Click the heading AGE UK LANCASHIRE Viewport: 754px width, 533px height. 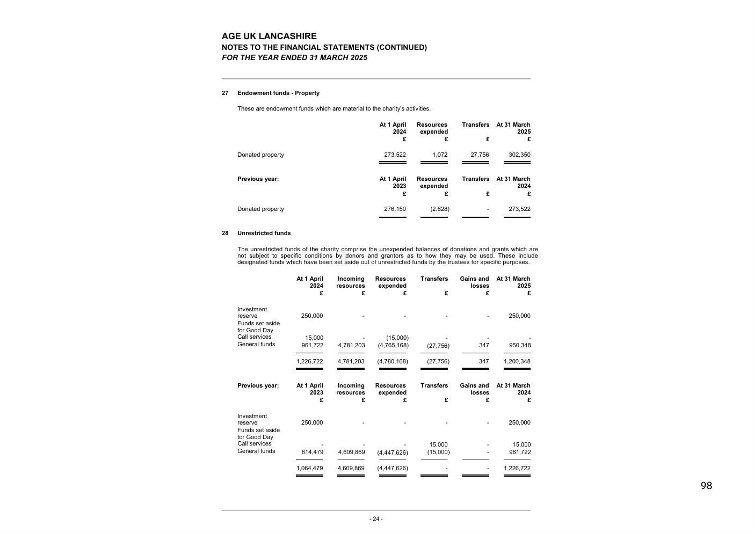[269, 36]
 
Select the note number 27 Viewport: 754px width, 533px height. [225, 93]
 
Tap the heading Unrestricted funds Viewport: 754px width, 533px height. [264, 233]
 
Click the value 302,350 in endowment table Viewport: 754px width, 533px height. [519, 155]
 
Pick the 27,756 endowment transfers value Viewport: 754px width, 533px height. [480, 155]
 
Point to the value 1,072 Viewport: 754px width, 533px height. [439, 155]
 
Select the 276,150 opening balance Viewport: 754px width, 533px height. [395, 209]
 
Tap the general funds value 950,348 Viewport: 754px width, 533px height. [519, 345]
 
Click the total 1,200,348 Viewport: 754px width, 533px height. [517, 362]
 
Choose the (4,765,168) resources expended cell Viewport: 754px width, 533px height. [393, 346]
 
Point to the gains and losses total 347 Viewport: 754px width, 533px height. [484, 362]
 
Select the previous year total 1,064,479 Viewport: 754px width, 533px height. [309, 469]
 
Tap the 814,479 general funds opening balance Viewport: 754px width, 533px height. [312, 452]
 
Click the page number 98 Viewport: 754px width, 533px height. [706, 486]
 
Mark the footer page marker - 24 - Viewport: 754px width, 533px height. [376, 519]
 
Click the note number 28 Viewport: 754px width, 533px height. [225, 233]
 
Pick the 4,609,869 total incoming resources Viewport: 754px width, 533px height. [351, 469]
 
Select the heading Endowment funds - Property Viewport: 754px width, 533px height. [278, 93]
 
